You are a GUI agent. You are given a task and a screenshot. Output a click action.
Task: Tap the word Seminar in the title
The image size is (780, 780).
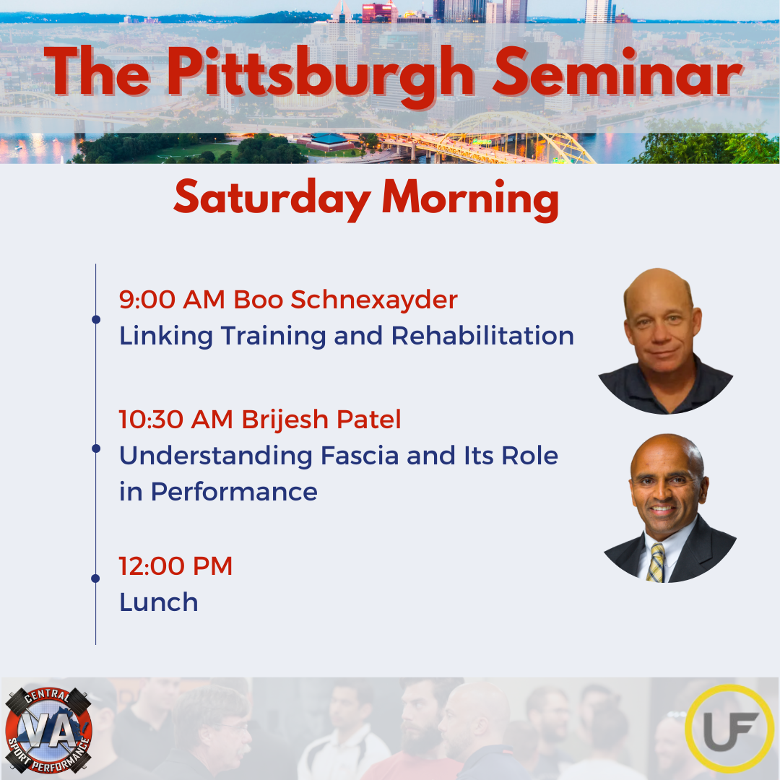617,73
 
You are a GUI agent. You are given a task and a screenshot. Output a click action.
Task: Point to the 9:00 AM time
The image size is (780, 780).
172,300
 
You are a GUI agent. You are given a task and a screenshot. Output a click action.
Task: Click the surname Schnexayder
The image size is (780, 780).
373,300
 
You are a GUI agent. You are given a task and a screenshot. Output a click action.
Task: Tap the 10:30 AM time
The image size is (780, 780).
175,420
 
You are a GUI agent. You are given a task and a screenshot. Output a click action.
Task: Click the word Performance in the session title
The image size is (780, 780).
234,492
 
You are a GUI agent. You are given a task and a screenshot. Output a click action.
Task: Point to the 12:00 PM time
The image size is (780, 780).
175,565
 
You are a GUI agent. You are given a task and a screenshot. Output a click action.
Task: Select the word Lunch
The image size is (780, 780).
159,602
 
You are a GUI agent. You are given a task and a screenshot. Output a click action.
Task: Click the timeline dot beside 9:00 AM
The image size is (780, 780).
96,319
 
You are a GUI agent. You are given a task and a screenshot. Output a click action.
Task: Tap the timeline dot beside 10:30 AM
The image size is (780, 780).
96,448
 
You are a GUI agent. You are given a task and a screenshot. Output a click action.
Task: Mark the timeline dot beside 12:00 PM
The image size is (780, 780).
96,578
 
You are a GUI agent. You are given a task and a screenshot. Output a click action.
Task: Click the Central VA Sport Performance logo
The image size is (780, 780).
48,729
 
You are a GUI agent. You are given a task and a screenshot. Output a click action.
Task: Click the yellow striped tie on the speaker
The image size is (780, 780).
656,563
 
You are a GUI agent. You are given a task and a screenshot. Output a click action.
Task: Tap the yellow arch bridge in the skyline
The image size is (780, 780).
517,136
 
